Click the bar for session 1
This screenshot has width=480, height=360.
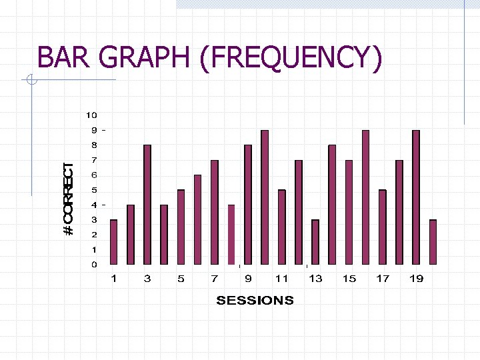(x=113, y=241)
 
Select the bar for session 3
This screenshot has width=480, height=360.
(x=147, y=205)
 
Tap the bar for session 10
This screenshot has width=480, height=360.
(x=265, y=197)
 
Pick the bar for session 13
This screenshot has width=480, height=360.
(x=315, y=241)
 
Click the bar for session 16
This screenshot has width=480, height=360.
(x=365, y=197)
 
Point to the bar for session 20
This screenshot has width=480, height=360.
(x=433, y=241)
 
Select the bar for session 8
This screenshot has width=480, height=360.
(x=231, y=234)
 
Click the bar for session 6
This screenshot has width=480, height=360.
(x=197, y=219)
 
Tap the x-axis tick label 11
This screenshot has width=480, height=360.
(x=281, y=279)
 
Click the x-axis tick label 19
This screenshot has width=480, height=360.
(x=416, y=279)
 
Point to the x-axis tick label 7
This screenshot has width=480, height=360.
(x=214, y=279)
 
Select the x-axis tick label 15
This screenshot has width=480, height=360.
(x=349, y=279)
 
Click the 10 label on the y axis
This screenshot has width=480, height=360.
(x=91, y=115)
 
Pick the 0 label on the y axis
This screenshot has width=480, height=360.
(x=94, y=265)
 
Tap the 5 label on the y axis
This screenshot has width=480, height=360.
(x=94, y=190)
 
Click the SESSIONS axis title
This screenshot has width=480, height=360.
(x=255, y=300)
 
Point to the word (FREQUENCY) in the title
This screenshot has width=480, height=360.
(x=291, y=58)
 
